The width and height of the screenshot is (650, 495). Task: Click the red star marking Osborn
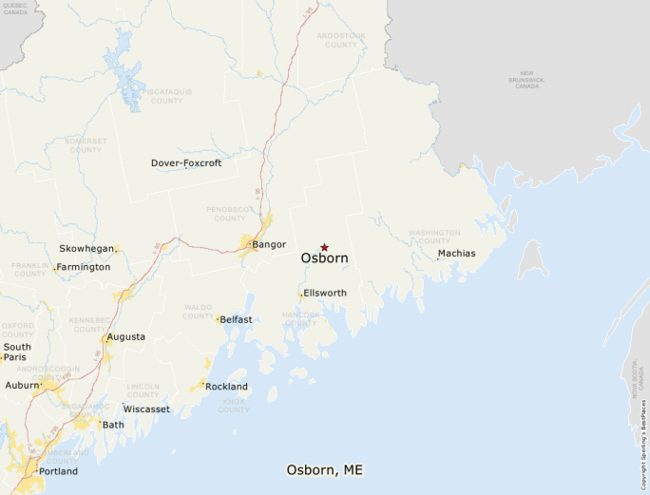pyautogui.click(x=324, y=247)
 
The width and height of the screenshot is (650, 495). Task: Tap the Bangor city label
pyautogui.click(x=269, y=244)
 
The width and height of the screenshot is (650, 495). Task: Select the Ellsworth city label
pyautogui.click(x=325, y=293)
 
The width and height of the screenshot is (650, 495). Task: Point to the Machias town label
pyautogui.click(x=456, y=253)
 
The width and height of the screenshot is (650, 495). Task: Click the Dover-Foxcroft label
pyautogui.click(x=186, y=163)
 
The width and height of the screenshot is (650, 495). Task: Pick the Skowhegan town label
pyautogui.click(x=86, y=248)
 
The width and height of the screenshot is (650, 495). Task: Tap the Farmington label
pyautogui.click(x=83, y=267)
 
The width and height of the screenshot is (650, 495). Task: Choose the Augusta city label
pyautogui.click(x=126, y=336)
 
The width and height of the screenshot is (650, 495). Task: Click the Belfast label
pyautogui.click(x=236, y=319)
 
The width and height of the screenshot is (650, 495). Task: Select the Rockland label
pyautogui.click(x=227, y=387)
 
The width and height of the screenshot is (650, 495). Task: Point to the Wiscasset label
pyautogui.click(x=146, y=409)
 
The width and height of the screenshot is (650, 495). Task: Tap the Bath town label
pyautogui.click(x=113, y=425)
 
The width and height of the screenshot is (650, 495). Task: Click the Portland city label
pyautogui.click(x=58, y=471)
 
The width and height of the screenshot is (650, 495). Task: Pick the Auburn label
pyautogui.click(x=21, y=386)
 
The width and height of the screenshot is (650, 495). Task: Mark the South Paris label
pyautogui.click(x=16, y=352)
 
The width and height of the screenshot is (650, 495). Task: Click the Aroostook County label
pyautogui.click(x=341, y=40)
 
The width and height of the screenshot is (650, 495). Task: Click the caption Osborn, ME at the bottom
pyautogui.click(x=324, y=470)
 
